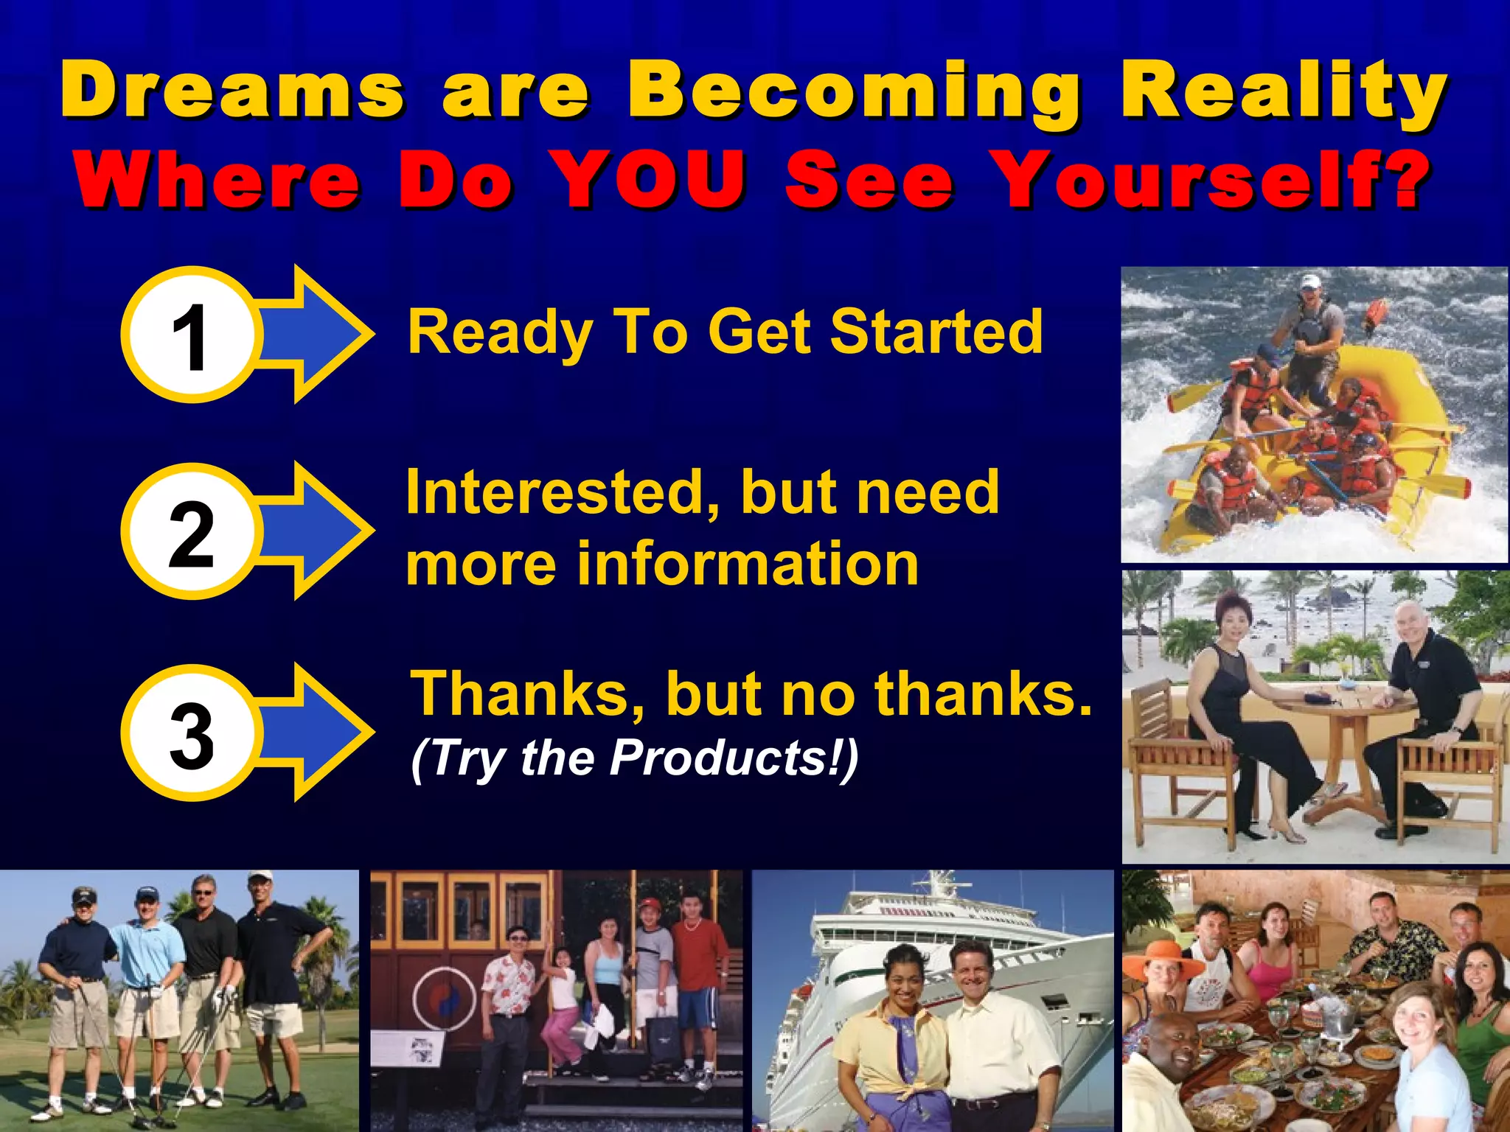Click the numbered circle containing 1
(x=190, y=335)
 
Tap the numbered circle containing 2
(x=190, y=532)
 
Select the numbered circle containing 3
(x=190, y=733)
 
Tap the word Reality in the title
(x=1283, y=92)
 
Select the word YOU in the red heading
(x=649, y=179)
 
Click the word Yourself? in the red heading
(x=1209, y=179)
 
